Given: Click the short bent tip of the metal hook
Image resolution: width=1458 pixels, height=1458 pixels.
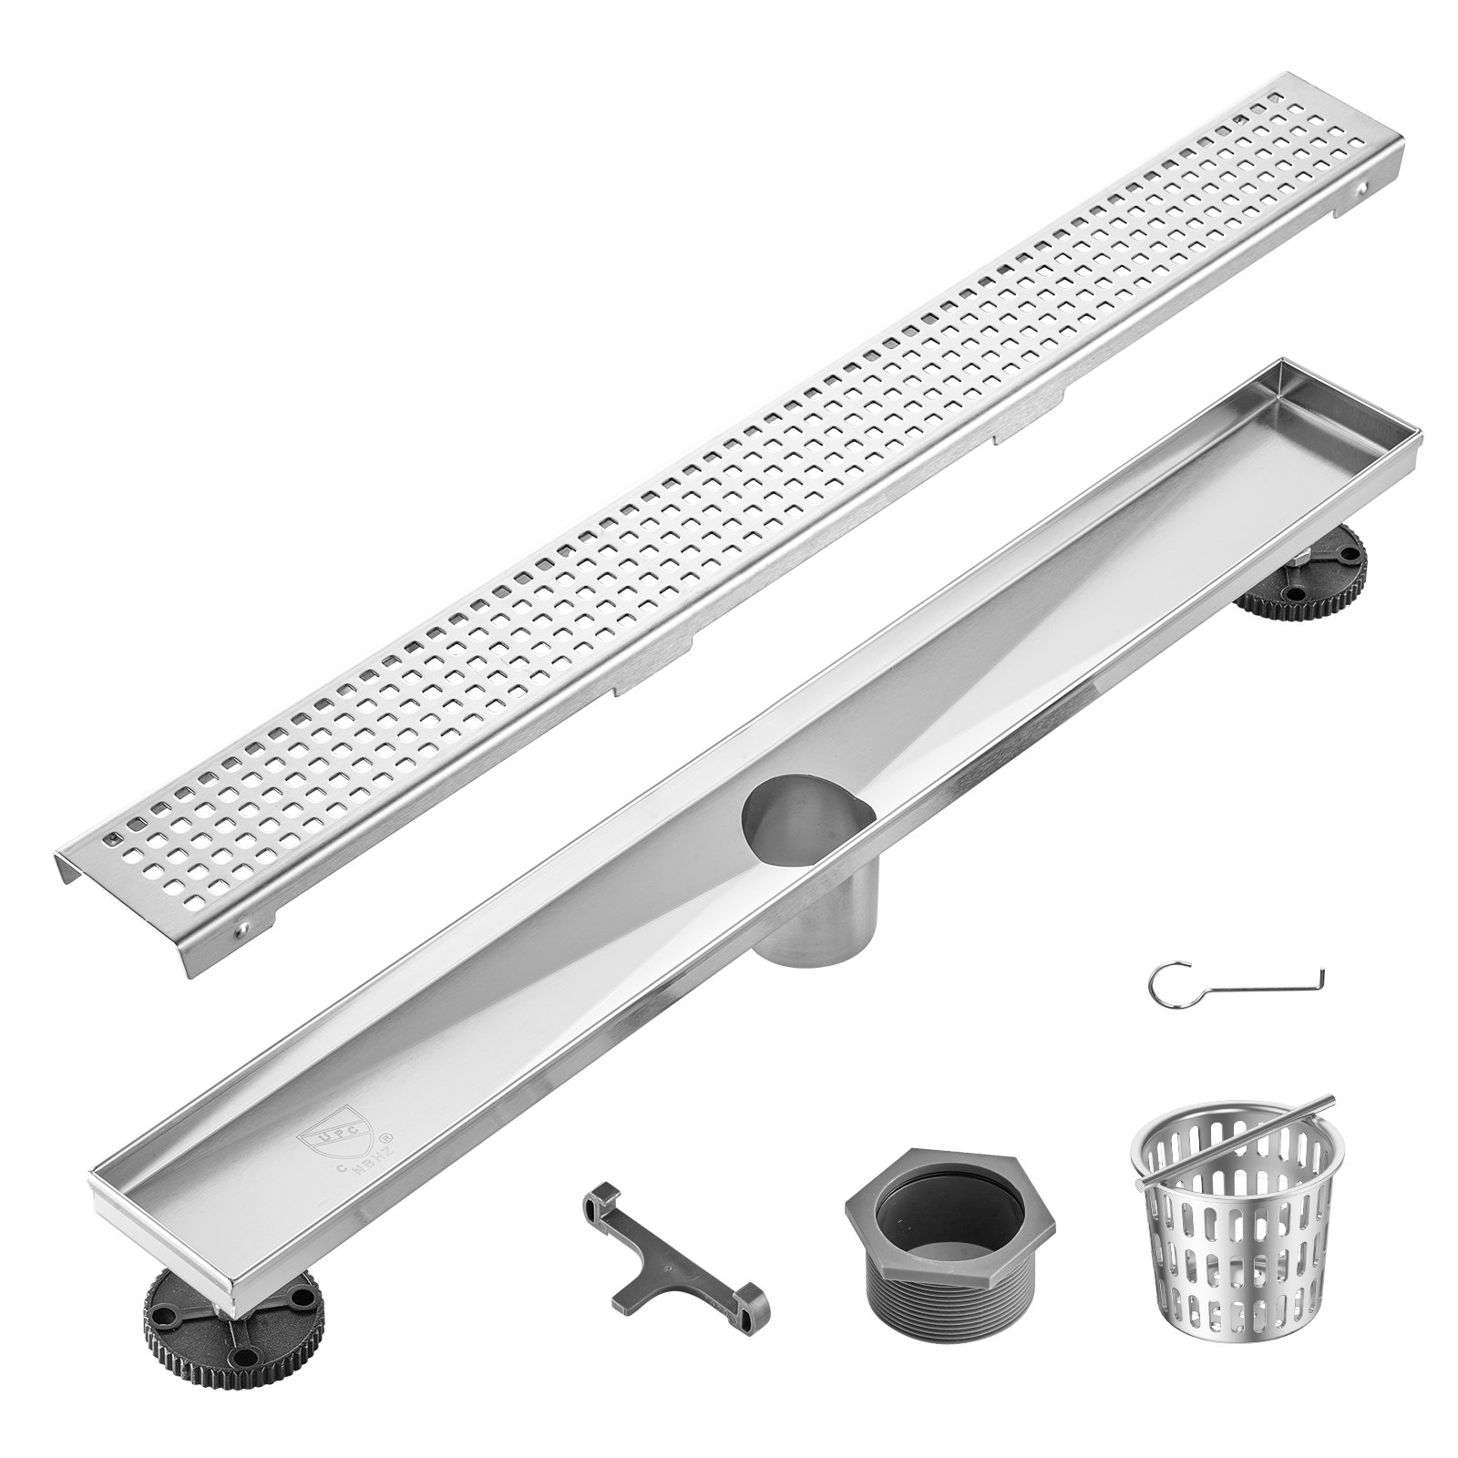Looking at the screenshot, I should pyautogui.click(x=1321, y=977).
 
